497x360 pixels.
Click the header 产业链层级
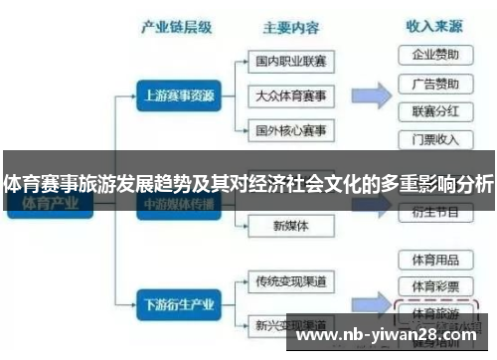(178, 28)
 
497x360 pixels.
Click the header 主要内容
(290, 28)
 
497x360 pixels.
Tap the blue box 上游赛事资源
(178, 97)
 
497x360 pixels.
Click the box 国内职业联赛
(290, 62)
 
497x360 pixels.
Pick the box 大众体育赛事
(290, 96)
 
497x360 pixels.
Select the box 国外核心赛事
(290, 130)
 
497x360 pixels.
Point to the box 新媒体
(290, 226)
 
